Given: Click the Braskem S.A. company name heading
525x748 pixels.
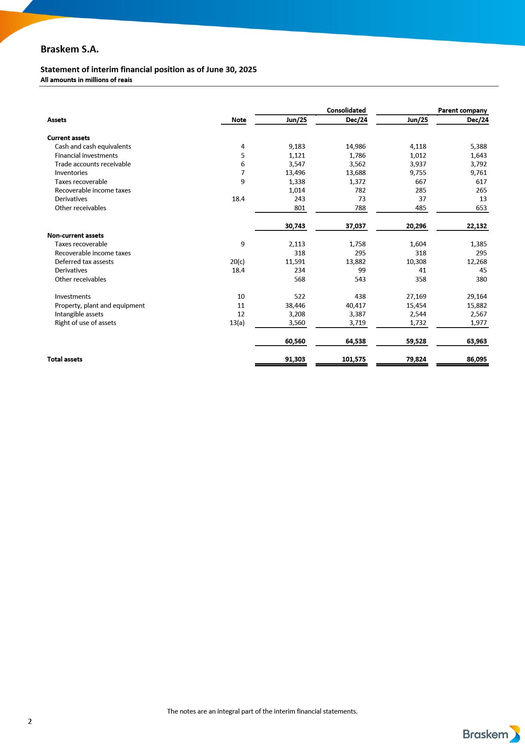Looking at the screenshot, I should coord(70,49).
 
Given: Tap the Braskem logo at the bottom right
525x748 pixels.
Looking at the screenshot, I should coord(491,734).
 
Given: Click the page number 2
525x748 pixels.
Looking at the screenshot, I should coord(30,721).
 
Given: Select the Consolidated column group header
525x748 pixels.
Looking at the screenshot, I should coord(346,110).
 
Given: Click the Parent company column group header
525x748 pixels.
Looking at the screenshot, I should coord(462,110).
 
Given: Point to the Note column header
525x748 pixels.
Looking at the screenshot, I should coord(239,120).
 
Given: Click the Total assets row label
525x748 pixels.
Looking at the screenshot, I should coord(64,359).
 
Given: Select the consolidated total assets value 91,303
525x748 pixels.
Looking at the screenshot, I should coord(295,359).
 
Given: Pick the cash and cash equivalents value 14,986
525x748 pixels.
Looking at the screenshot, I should coord(356,147).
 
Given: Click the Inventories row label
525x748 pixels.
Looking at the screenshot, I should coord(71,173).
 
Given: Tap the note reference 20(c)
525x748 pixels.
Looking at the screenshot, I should coord(237,262).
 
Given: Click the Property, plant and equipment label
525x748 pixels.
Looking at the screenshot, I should coord(100,306).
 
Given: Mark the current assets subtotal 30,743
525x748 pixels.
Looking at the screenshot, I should coord(295,226).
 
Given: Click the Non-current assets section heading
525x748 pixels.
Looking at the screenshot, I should coord(75,236).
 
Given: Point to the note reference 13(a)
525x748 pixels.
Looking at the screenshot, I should coord(237,323).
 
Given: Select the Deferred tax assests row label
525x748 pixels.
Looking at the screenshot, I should coord(84,262).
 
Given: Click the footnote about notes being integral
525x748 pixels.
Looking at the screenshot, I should coord(262,711).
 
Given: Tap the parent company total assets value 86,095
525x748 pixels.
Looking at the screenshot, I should coord(476,359).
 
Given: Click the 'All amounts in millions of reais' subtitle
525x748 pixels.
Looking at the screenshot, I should coord(86,80).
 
